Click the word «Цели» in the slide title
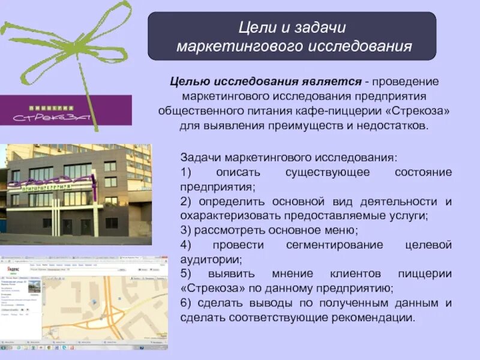253,28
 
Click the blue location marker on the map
91,303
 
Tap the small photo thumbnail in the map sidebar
34,287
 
